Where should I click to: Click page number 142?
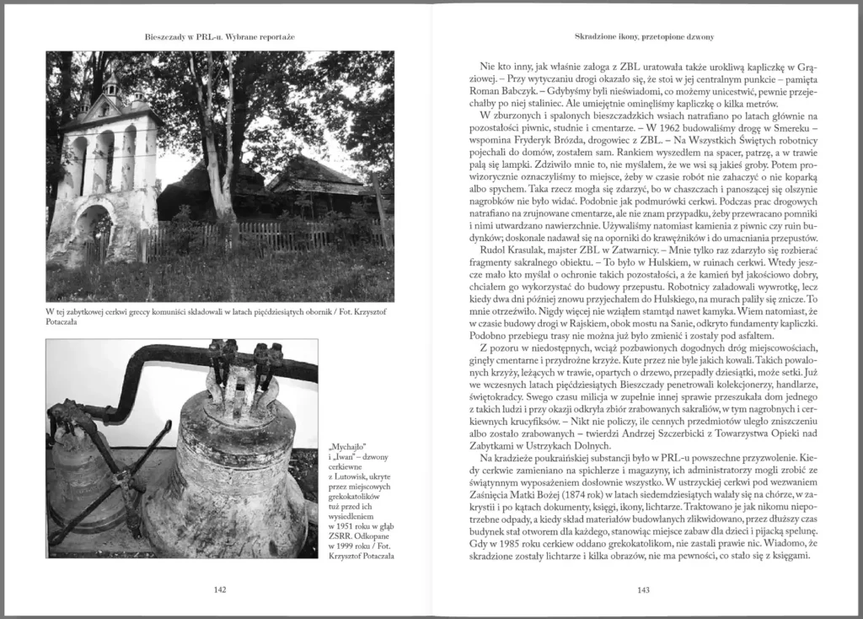pyautogui.click(x=220, y=590)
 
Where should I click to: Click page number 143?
pyautogui.click(x=642, y=590)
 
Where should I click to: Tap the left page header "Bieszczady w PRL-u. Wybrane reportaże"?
pyautogui.click(x=220, y=38)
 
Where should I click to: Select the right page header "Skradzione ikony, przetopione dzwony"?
pyautogui.click(x=642, y=38)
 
